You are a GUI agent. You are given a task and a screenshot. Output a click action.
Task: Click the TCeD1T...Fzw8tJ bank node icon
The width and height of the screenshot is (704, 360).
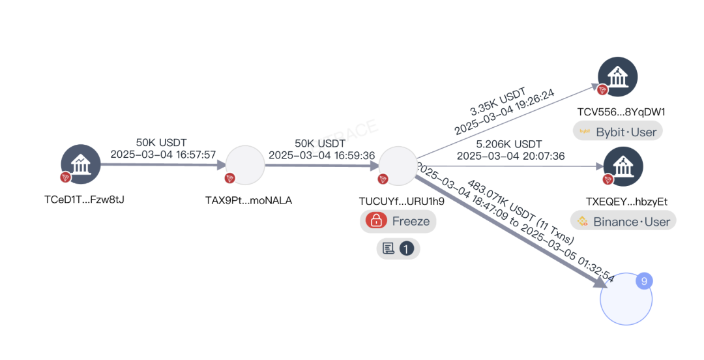pyautogui.click(x=81, y=164)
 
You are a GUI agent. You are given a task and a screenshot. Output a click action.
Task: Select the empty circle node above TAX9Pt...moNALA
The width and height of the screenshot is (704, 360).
pyautogui.click(x=245, y=165)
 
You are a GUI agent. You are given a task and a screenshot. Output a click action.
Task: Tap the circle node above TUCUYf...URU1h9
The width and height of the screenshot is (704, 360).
pyautogui.click(x=398, y=165)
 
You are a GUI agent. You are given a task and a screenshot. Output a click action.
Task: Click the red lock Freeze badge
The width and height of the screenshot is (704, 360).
pyautogui.click(x=398, y=221)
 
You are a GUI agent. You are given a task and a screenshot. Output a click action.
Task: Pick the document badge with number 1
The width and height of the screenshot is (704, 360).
pyautogui.click(x=398, y=248)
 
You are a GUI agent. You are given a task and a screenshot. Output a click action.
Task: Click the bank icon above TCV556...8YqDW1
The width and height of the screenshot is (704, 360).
pyautogui.click(x=617, y=77)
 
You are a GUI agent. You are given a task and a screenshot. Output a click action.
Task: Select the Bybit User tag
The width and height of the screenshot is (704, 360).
pyautogui.click(x=618, y=131)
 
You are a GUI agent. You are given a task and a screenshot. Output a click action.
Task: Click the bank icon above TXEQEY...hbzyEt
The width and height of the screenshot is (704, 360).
pyautogui.click(x=623, y=166)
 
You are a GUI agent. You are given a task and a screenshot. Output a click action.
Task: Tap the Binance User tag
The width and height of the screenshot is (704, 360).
pyautogui.click(x=623, y=221)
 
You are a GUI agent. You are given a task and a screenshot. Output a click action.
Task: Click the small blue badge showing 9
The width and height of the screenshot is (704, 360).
pyautogui.click(x=643, y=281)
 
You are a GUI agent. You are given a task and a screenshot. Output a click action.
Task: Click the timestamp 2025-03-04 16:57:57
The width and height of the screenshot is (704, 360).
pyautogui.click(x=163, y=155)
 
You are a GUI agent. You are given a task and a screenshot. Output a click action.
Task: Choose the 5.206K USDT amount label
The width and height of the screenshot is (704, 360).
pyautogui.click(x=510, y=143)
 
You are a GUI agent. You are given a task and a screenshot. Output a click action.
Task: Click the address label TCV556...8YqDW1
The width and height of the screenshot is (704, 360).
pyautogui.click(x=621, y=112)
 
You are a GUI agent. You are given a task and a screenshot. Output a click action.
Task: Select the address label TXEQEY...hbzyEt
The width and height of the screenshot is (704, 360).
pyautogui.click(x=626, y=202)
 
